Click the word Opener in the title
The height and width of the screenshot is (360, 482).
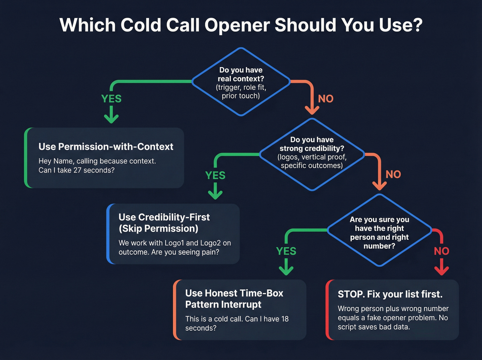point(237,25)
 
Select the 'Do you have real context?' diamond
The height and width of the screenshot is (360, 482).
point(241,82)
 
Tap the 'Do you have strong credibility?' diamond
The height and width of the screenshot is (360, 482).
point(312,154)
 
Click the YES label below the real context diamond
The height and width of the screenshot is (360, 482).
point(111,99)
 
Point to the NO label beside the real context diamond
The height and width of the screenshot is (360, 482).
point(325,99)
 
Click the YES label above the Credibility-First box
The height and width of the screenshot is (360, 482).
point(215,175)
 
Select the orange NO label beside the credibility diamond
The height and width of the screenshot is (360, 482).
point(393,174)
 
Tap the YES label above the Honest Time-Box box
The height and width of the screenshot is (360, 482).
point(286,251)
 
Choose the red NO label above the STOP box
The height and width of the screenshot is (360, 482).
point(441,251)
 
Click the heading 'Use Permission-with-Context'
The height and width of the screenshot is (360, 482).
point(106,147)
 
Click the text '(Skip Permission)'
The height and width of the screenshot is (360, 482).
point(158,229)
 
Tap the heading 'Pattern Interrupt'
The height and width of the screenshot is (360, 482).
point(223,305)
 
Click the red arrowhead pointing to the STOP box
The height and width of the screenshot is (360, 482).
point(441,271)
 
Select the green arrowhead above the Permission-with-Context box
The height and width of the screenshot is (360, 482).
point(111,119)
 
